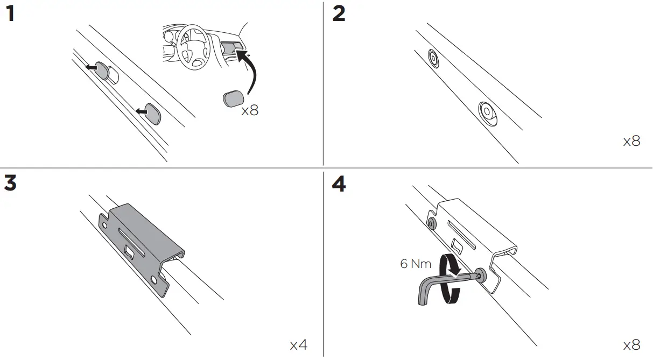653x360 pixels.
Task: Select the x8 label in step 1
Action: pos(250,111)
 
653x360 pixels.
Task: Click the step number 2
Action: pos(339,14)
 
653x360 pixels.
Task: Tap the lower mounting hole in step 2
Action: pos(488,112)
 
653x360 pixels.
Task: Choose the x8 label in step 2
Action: pos(631,142)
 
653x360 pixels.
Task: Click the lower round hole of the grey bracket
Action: pos(155,280)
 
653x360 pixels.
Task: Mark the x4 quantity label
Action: pos(299,345)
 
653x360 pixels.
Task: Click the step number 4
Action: pos(339,185)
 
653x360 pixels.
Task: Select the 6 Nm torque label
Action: pos(416,264)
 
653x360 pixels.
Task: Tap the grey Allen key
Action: pos(431,288)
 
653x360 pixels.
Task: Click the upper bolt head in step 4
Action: pos(431,223)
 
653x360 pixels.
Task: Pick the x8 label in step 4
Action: pos(631,345)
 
